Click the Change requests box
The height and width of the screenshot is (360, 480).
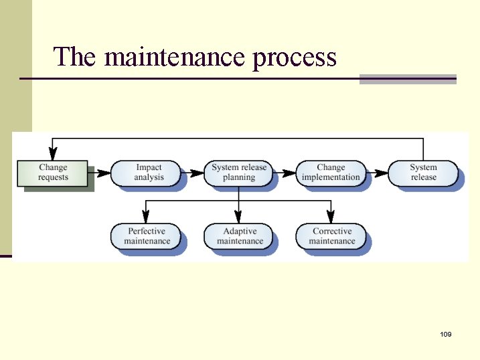[x=53, y=173]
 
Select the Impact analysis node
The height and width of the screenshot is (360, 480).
[x=148, y=173]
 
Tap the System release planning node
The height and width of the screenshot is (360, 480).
[x=239, y=173]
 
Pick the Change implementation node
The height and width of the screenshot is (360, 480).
[x=331, y=173]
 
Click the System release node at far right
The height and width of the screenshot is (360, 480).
[x=423, y=173]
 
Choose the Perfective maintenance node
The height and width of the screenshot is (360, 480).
[x=147, y=236]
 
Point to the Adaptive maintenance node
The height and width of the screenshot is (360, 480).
[x=240, y=236]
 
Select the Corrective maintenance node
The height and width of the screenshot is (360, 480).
[x=332, y=236]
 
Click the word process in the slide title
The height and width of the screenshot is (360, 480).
[x=295, y=59]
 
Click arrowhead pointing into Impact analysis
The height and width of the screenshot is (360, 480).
[x=104, y=173]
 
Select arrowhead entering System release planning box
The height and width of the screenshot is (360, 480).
[x=197, y=173]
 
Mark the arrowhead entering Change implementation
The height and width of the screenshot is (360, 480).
[x=289, y=173]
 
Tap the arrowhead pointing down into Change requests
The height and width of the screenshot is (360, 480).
[x=53, y=154]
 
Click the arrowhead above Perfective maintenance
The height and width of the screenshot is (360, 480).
[x=147, y=217]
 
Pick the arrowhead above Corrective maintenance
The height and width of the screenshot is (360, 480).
[x=332, y=217]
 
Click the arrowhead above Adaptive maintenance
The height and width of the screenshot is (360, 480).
[x=240, y=217]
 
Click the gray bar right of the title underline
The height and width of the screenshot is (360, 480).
[x=408, y=79]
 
